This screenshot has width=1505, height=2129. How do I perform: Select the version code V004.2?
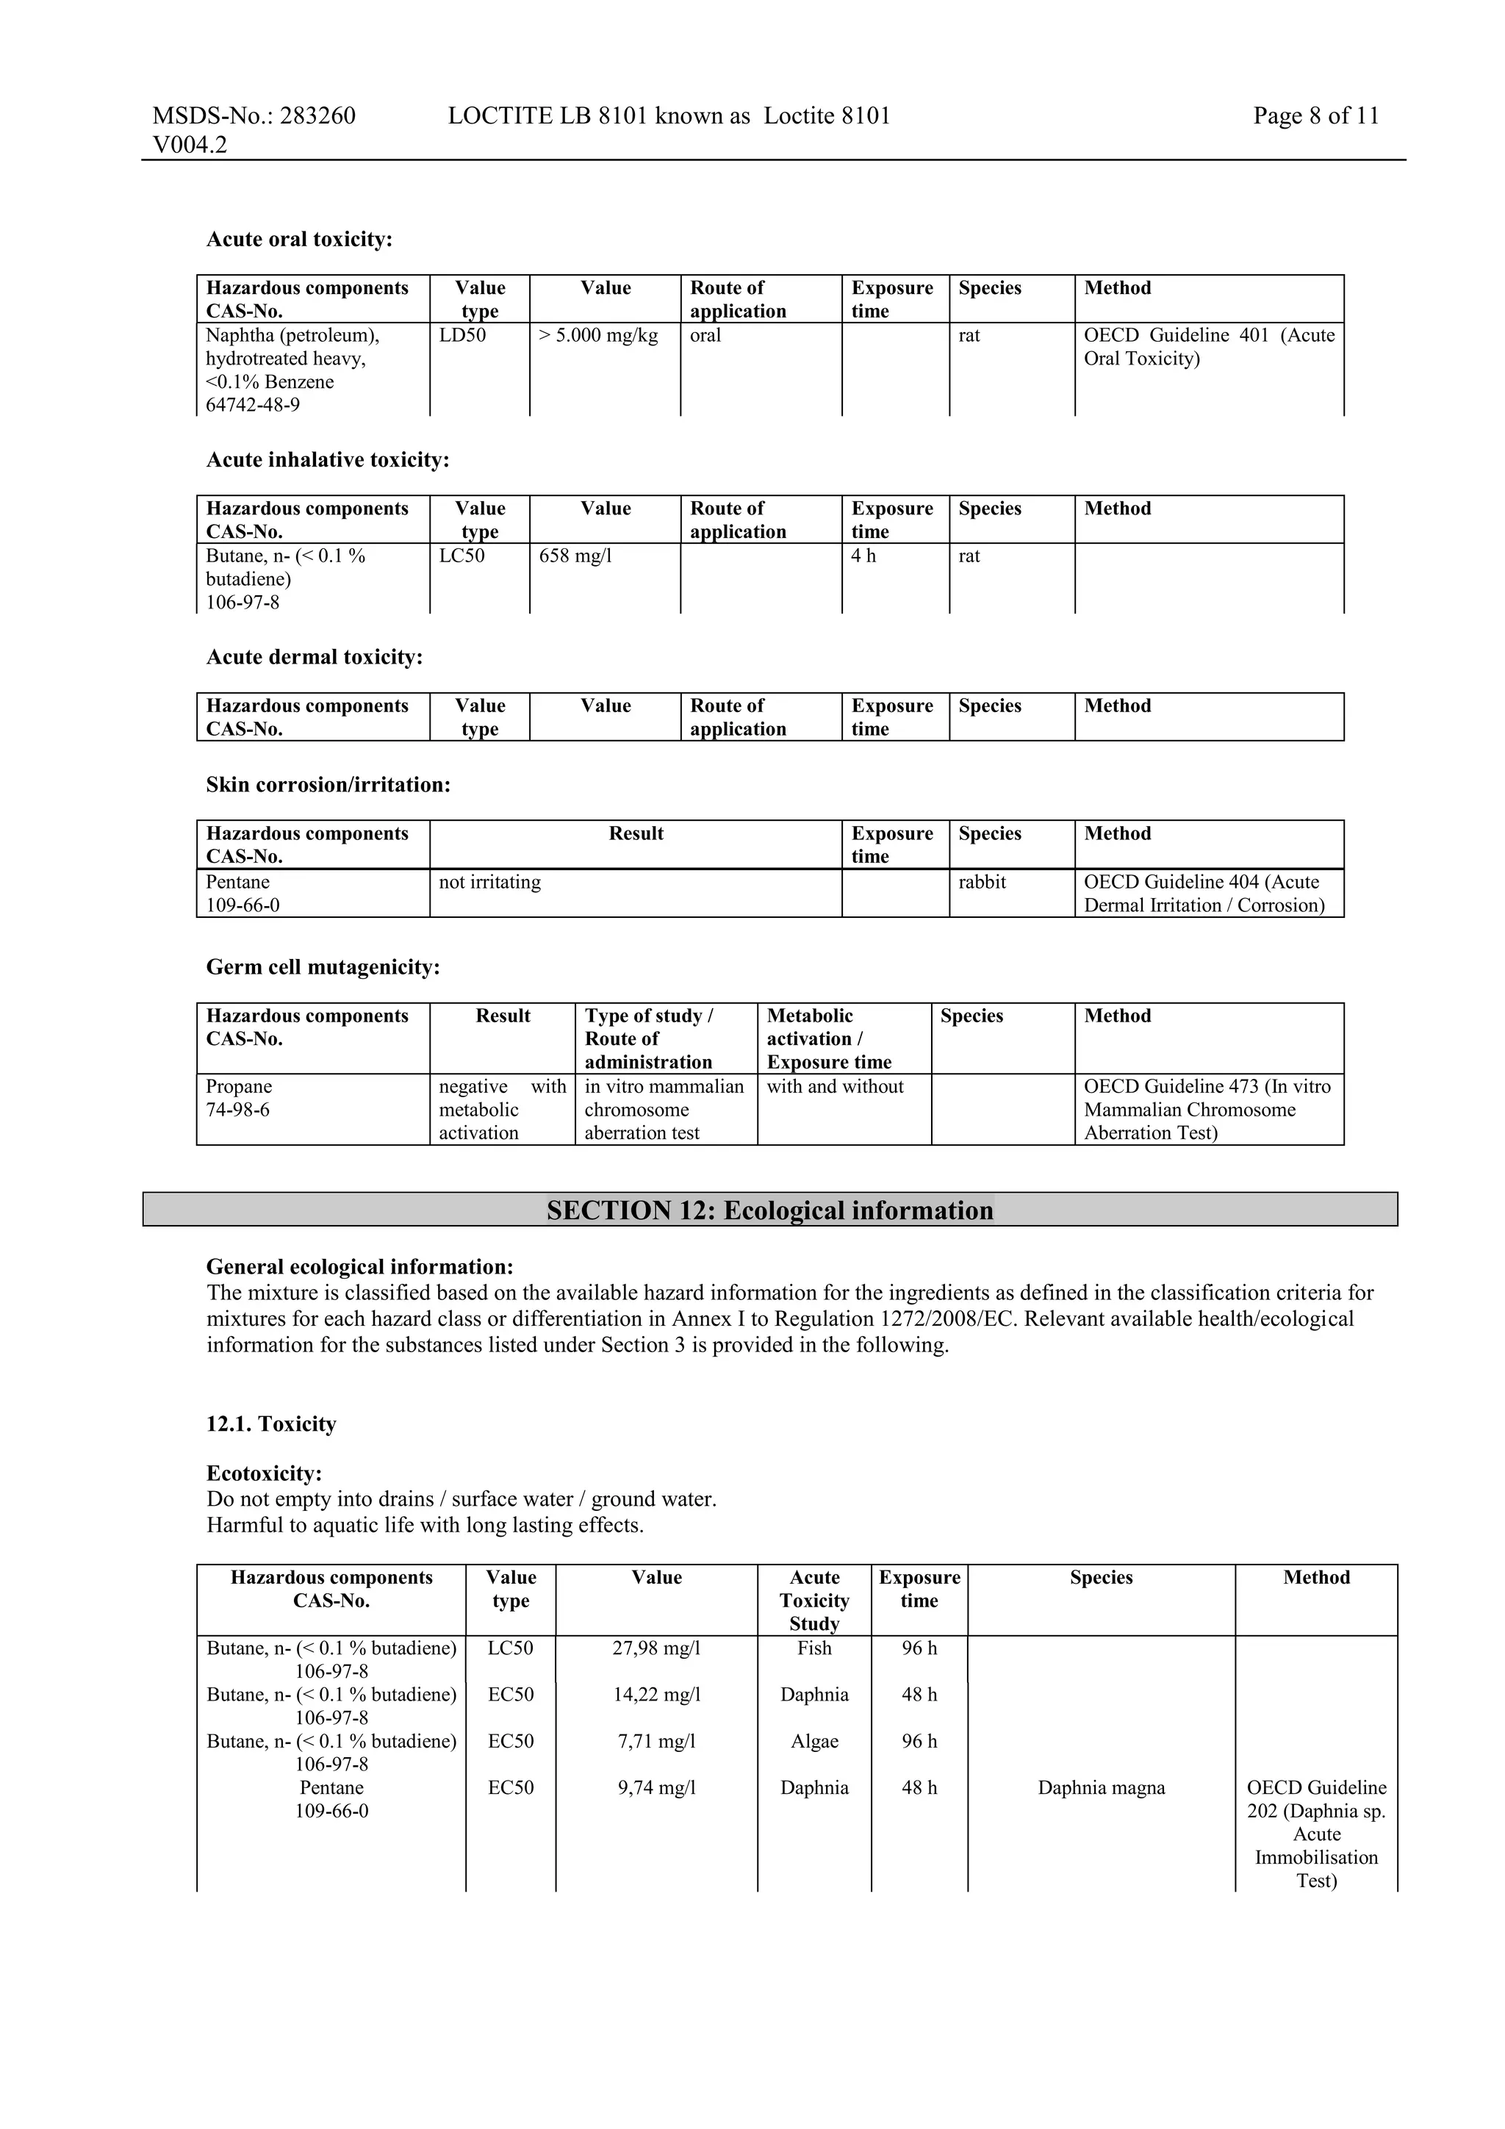pos(190,145)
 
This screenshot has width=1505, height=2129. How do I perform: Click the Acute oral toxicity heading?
pos(298,240)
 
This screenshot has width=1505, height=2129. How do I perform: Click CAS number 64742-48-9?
pos(252,405)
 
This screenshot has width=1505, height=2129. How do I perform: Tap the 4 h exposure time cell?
pos(863,556)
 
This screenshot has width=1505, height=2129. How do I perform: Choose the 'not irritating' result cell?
pos(489,883)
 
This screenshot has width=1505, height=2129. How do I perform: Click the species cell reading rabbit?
pos(982,883)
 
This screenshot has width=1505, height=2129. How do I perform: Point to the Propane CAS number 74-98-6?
pos(237,1110)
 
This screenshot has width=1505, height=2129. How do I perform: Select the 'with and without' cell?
pos(835,1087)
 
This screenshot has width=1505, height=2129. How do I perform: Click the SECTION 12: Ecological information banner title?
pos(769,1210)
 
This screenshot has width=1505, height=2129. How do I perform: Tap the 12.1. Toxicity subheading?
pos(270,1424)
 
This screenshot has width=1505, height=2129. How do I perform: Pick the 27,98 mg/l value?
pos(656,1648)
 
